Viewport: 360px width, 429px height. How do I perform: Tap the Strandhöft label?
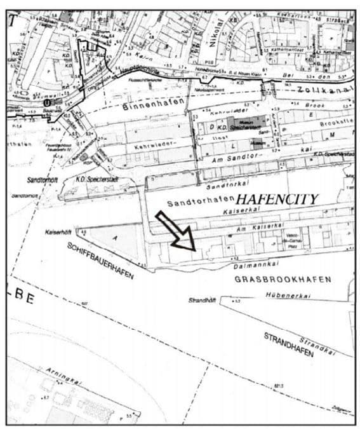click(203, 300)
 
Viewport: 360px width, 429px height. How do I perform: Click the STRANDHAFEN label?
click(289, 344)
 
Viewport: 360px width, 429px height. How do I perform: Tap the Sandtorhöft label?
click(41, 180)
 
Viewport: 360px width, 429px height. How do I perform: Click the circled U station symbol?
click(46, 102)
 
